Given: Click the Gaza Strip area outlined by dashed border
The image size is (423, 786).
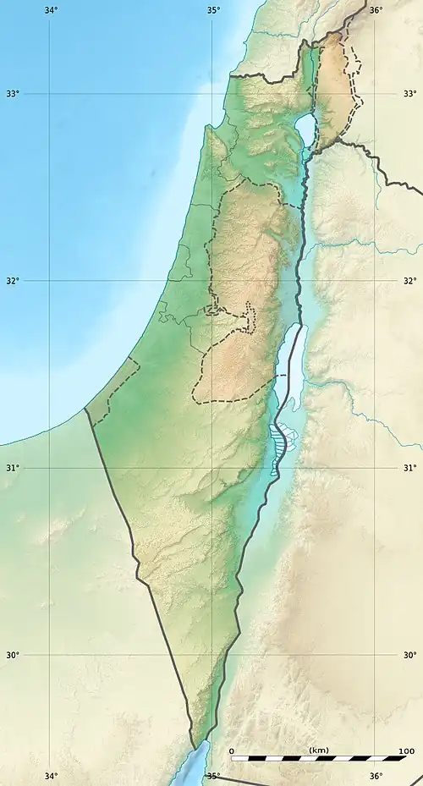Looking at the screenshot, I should [112, 392].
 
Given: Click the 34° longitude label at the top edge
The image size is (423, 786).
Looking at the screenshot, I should [51, 10].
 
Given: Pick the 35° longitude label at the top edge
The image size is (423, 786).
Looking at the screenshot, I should [213, 10].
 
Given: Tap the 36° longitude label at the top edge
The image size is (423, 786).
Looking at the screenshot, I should [376, 10].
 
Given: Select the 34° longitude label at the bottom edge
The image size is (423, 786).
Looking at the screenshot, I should [51, 777].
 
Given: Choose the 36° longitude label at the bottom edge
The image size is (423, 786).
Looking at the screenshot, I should [376, 777].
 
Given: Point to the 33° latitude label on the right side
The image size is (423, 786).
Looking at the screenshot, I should [410, 93].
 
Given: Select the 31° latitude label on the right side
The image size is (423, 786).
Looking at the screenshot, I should [410, 468].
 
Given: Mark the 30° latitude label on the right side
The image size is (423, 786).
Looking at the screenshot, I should [410, 655].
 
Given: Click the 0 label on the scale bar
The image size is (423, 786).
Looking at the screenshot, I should [232, 750].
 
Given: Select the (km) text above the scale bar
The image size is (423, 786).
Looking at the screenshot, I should [319, 750].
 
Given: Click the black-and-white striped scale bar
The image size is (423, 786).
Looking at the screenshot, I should [318, 758].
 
